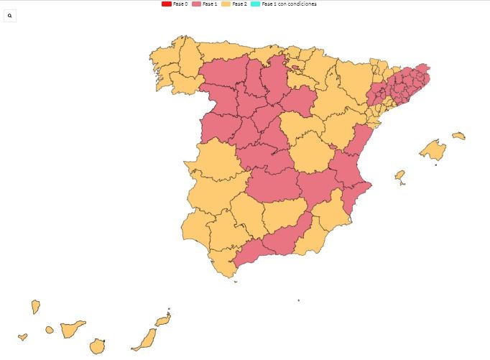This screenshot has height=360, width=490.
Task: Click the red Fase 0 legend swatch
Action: point(167,4)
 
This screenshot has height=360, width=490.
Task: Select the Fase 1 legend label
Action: point(210,4)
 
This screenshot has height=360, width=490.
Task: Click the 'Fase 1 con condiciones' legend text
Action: point(289,4)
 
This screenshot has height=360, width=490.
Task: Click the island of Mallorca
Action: point(433,150)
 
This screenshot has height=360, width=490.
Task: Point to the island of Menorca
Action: point(458,136)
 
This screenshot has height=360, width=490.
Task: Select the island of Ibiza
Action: point(400,175)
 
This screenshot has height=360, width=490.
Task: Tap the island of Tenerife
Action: point(73,329)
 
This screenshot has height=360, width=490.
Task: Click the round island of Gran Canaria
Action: point(98,346)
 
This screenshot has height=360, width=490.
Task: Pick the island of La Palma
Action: point(35,307)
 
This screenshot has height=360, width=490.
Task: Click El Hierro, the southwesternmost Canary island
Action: point(22,336)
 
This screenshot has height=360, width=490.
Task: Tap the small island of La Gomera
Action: point(50,330)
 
